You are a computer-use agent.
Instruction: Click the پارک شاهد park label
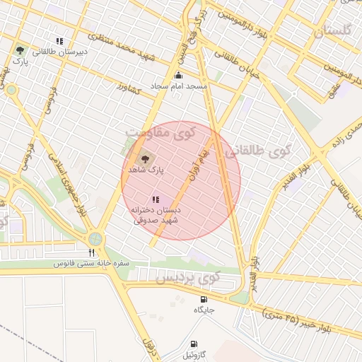click(146, 171)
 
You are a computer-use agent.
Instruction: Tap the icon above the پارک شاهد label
click(146, 159)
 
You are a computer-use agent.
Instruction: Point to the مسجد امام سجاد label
click(178, 86)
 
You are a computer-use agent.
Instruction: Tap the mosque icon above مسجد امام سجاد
click(178, 75)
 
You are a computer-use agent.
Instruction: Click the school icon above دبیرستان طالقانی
click(60, 40)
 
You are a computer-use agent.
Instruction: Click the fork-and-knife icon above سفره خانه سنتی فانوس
click(90, 252)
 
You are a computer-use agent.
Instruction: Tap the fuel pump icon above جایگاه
click(204, 298)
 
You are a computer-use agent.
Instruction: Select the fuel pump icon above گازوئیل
click(192, 344)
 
